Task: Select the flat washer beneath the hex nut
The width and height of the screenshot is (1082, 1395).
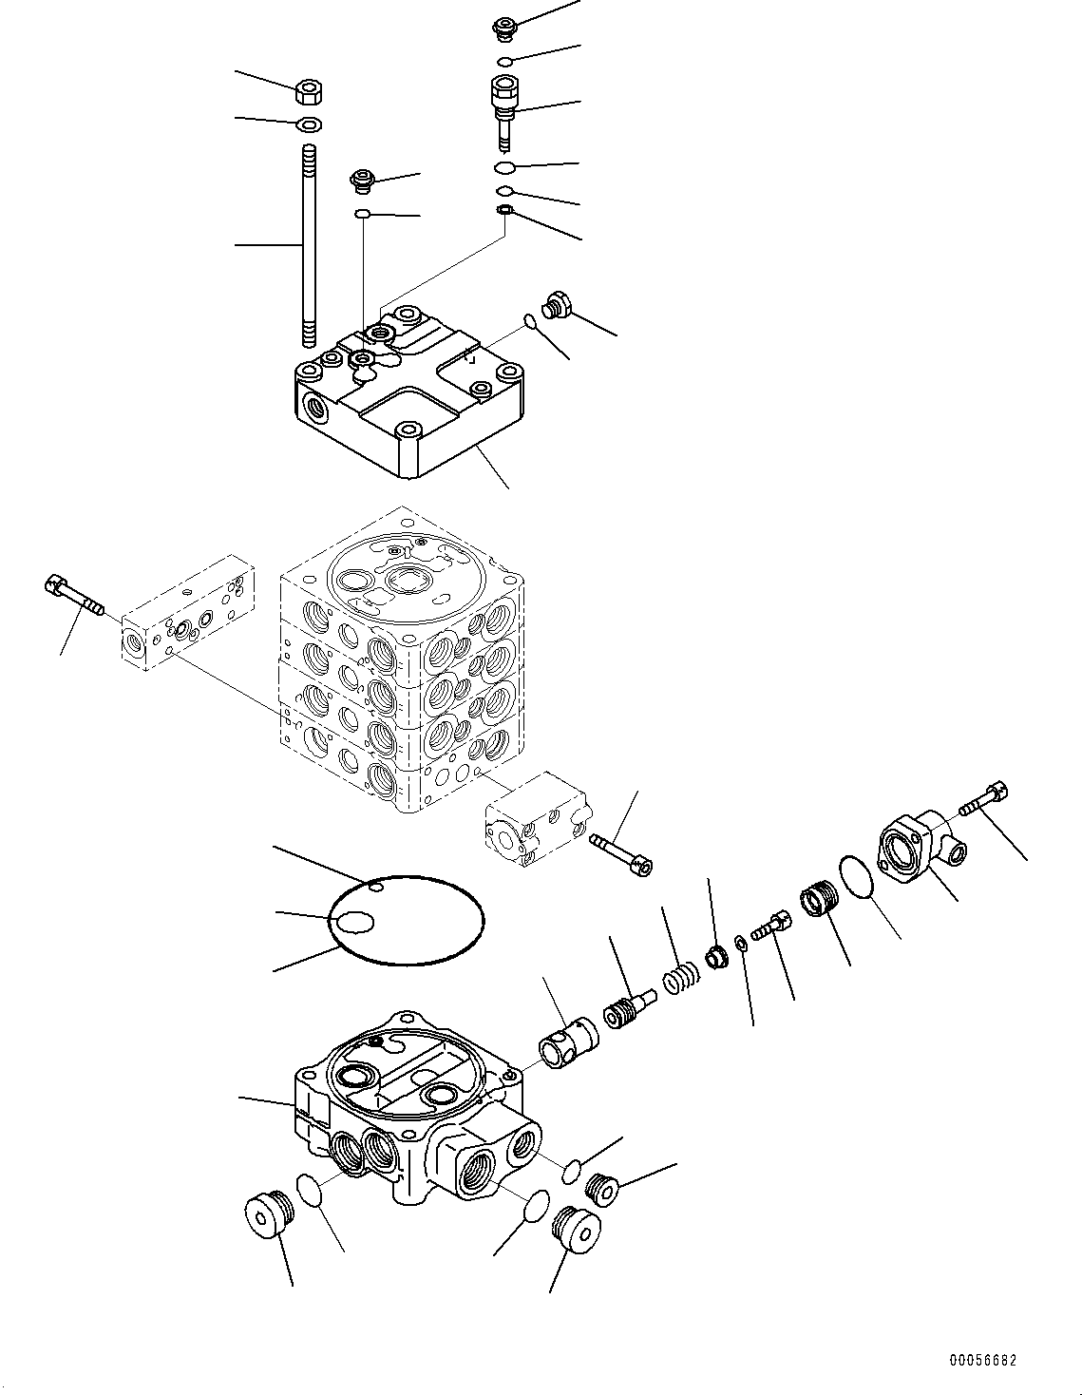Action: pyautogui.click(x=308, y=124)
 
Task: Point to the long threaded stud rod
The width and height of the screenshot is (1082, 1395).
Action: pyautogui.click(x=308, y=247)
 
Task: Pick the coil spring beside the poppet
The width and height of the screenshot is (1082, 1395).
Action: pyautogui.click(x=680, y=978)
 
